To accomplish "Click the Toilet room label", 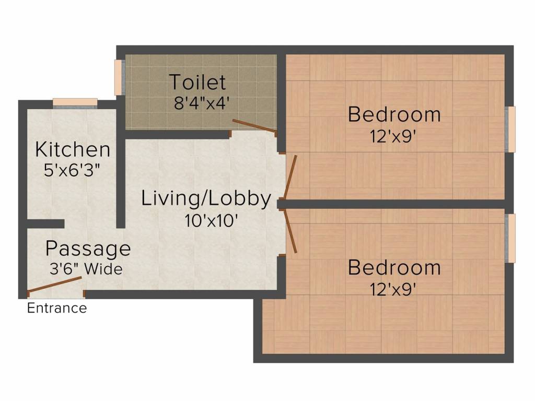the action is point(197,82).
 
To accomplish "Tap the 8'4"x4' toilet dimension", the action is point(200,103).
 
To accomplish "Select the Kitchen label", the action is point(73,150).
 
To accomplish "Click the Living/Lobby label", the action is point(206,199).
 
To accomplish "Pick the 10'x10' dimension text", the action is point(211,221).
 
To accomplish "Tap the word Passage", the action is point(88,249).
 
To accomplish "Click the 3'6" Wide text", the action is point(86,269).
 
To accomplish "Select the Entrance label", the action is point(57,308).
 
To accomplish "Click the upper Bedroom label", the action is point(394,114).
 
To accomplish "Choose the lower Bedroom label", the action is point(394,268).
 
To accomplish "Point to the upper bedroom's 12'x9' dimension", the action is point(393,137).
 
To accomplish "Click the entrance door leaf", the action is point(54,285).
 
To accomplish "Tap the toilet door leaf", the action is point(254,126).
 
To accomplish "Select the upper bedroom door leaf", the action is point(290,177).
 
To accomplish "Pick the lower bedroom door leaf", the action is point(290,231).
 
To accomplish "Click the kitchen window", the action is point(75,103).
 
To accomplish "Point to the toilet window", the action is point(119,77).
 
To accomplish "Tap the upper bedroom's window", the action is point(510,129).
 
